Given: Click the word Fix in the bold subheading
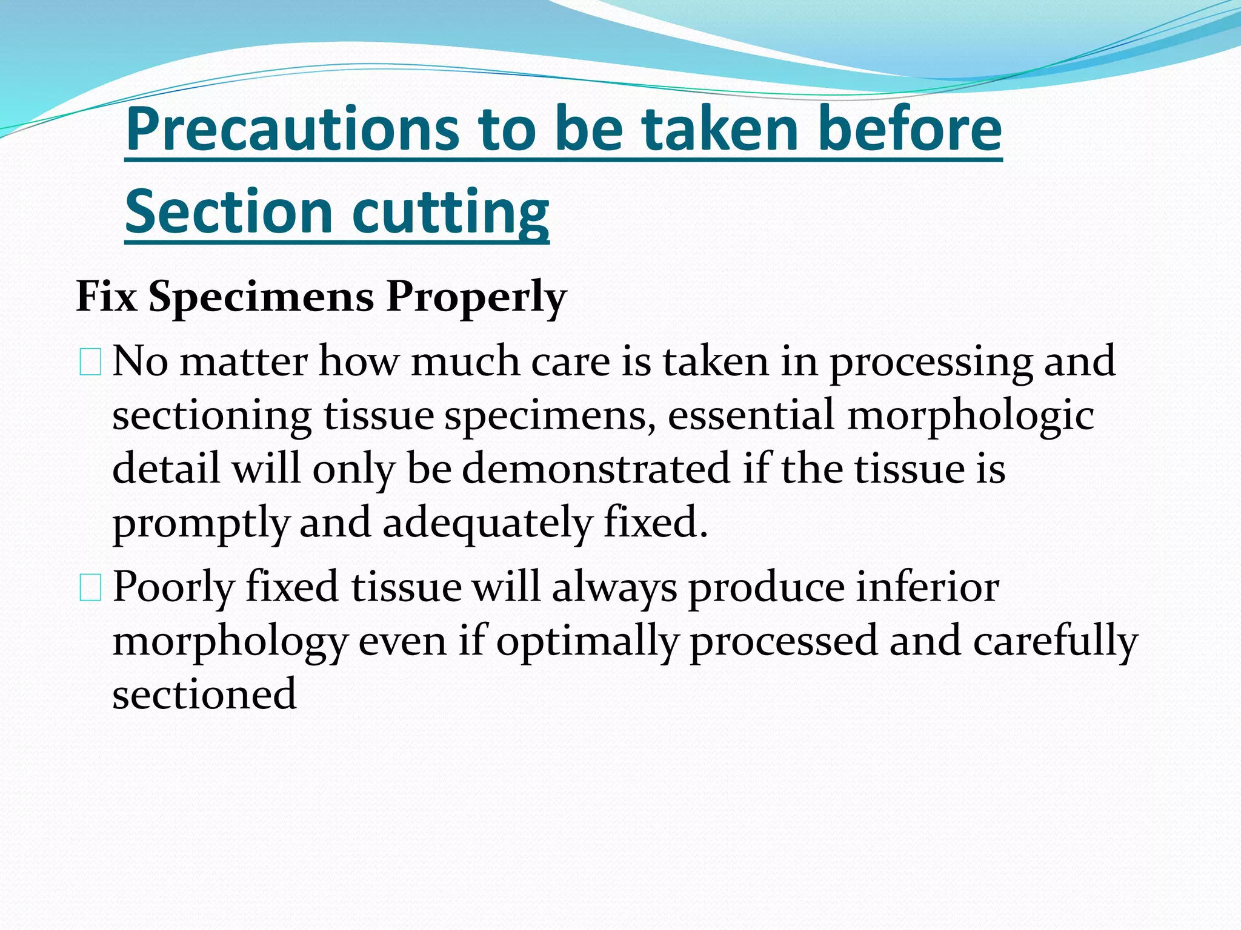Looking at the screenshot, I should pyautogui.click(x=107, y=297).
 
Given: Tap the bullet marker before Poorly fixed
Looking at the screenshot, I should pyautogui.click(x=90, y=588).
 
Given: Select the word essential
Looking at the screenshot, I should pyautogui.click(x=751, y=415).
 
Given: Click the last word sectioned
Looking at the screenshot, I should pyautogui.click(x=204, y=694).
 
